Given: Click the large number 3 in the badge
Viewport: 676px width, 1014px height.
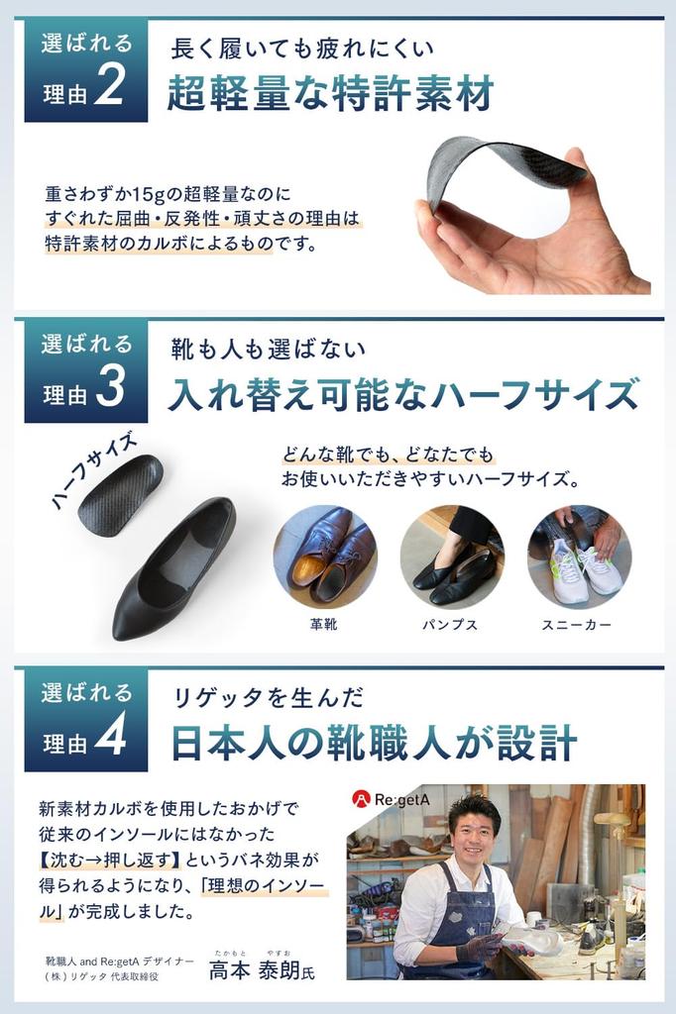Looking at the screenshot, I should pos(110,388).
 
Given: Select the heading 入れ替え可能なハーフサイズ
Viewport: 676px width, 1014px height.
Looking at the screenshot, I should pos(402,394).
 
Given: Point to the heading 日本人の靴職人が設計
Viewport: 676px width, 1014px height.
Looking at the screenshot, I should pos(375,743).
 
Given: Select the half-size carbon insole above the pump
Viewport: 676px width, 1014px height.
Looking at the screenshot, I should pos(121,494).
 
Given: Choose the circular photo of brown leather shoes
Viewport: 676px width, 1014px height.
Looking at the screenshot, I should pos(325,557).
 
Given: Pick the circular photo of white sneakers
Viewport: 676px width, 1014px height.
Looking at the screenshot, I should pos(579,557).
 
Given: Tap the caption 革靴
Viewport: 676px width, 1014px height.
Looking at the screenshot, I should pos(325,625).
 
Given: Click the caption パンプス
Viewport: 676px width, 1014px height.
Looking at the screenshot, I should pos(451,625).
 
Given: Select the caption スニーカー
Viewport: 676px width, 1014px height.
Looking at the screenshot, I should pos(577,625).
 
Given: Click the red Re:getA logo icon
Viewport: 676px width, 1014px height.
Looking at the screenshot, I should pos(361,798).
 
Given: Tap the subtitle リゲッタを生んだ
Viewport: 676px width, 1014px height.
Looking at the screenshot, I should pos(268,697).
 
